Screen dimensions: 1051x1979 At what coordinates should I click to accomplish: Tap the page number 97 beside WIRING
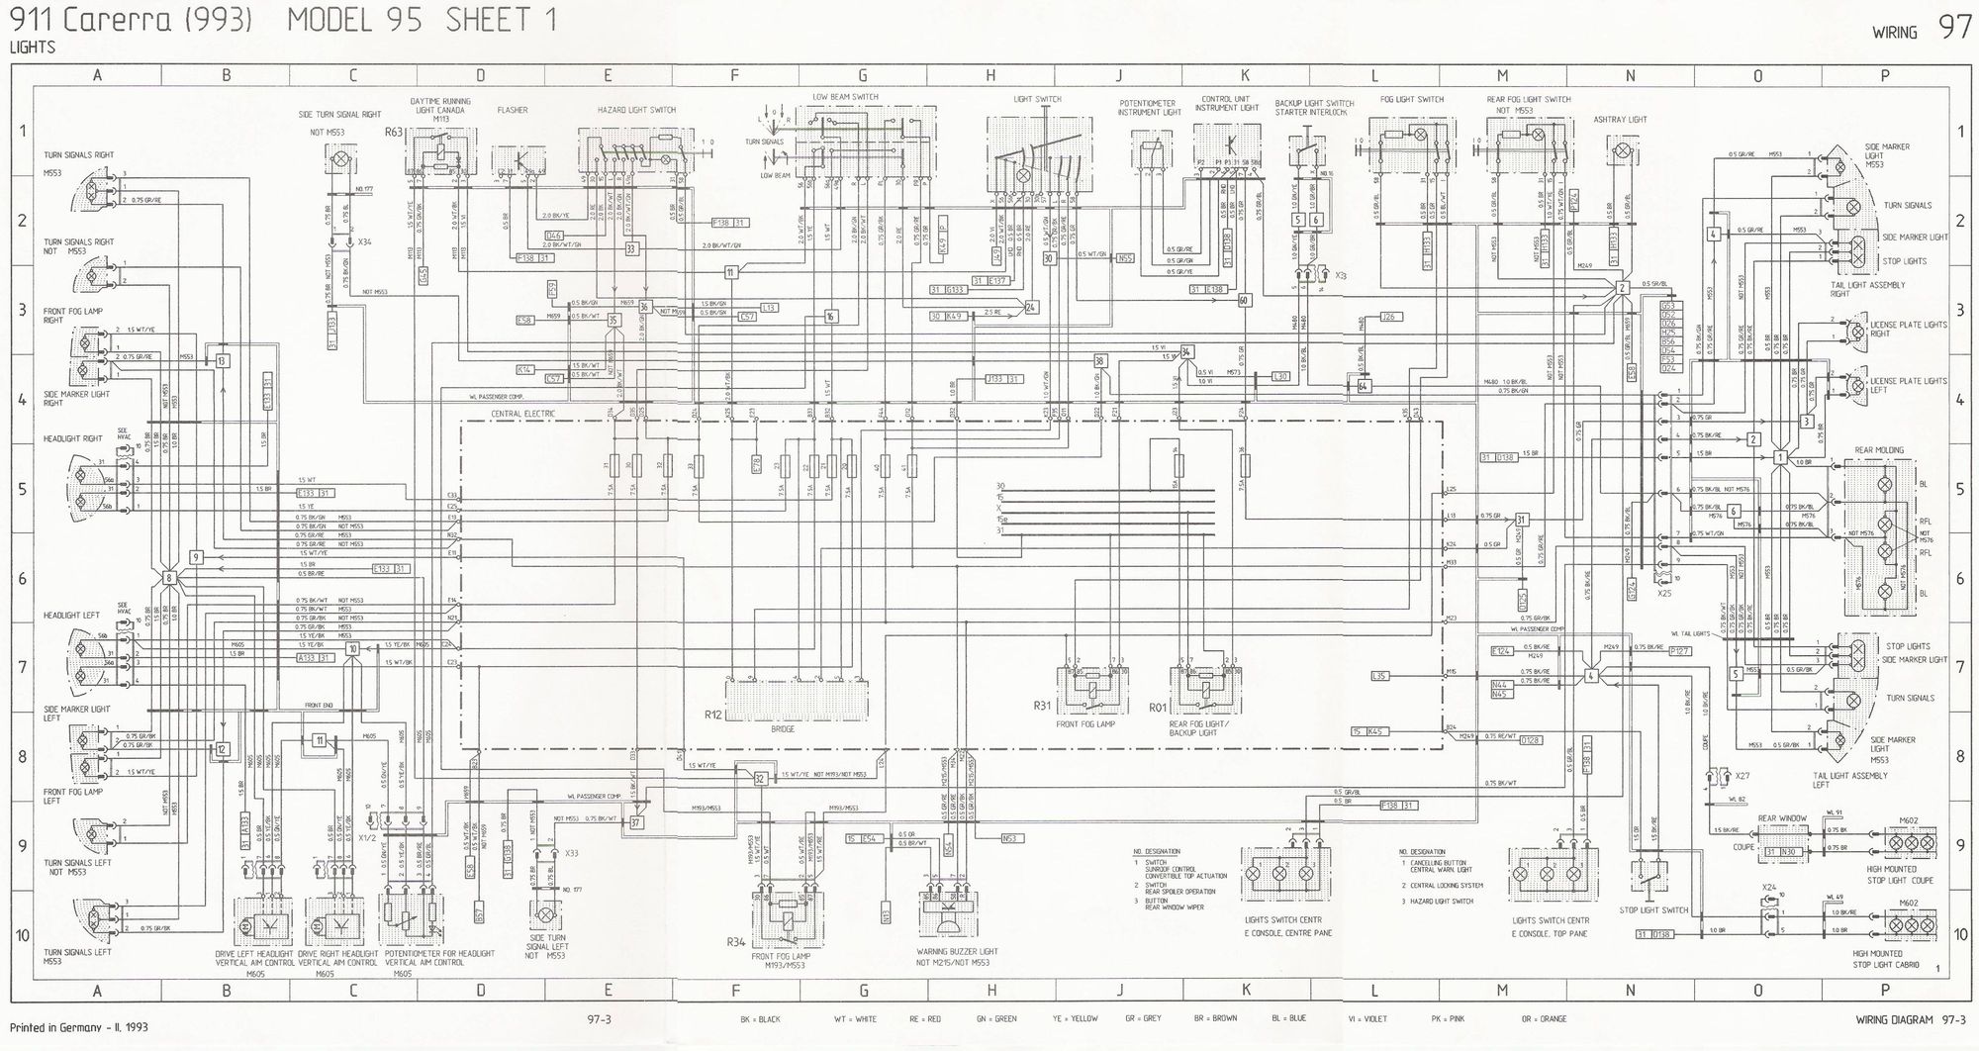[1954, 28]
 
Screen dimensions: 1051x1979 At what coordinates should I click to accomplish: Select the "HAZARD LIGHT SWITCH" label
[636, 110]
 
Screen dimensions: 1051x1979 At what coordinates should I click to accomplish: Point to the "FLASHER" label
[513, 110]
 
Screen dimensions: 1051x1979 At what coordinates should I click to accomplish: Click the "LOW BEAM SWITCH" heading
[845, 97]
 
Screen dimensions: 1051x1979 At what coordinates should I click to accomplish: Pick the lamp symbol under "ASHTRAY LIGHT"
[1621, 151]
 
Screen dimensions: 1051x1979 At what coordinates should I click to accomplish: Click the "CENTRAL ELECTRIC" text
[523, 414]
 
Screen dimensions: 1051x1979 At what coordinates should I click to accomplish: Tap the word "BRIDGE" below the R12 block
[782, 729]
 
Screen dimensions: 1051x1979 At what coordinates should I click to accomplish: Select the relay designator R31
[1041, 707]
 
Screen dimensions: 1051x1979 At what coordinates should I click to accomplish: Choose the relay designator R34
[735, 941]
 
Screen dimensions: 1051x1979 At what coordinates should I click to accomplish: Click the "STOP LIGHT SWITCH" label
[1653, 909]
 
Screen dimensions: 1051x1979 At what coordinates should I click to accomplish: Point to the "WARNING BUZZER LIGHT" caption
[957, 951]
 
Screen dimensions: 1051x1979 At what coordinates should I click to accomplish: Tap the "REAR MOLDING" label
[1878, 450]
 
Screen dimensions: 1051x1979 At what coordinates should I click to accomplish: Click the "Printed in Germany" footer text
[79, 1028]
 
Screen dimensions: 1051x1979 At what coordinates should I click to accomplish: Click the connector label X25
[1664, 593]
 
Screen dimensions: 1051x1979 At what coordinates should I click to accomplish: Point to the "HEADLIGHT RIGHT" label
[72, 438]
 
